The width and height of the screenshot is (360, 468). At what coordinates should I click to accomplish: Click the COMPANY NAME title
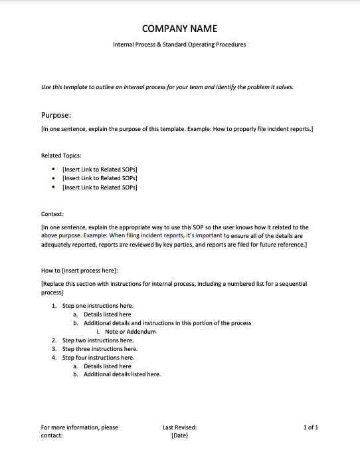click(x=179, y=29)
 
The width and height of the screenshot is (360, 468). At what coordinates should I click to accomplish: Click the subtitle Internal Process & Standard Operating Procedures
click(x=179, y=45)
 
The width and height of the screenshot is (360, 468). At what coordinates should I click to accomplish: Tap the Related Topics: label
click(x=61, y=155)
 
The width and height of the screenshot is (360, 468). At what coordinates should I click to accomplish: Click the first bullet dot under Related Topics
click(x=53, y=169)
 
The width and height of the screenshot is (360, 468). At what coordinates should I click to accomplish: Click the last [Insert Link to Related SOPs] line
click(x=100, y=187)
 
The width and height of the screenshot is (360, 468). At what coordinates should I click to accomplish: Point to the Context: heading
click(x=52, y=214)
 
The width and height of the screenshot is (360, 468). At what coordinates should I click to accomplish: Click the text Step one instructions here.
click(x=98, y=305)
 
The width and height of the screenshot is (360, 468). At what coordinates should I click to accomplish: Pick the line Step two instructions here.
click(x=98, y=340)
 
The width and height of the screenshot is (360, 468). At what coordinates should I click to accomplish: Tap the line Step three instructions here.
click(x=100, y=348)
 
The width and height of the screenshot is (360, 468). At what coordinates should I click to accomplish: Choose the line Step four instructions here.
click(x=98, y=357)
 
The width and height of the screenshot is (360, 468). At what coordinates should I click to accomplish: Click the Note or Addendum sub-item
click(x=130, y=331)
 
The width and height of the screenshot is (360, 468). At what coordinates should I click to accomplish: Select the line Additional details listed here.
click(x=122, y=374)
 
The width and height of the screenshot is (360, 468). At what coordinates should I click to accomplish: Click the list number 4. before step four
click(x=54, y=357)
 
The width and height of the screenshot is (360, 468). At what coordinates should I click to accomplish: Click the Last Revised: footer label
click(x=179, y=427)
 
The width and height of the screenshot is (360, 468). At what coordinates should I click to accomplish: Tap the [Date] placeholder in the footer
click(x=179, y=436)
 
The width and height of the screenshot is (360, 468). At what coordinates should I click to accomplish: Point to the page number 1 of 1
click(x=311, y=427)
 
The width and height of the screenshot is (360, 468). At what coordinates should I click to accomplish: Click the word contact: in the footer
click(x=52, y=436)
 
